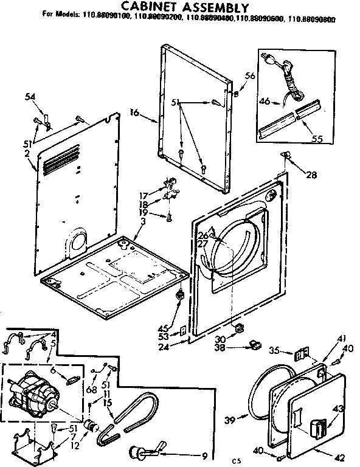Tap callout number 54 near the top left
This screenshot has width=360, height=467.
click(x=30, y=97)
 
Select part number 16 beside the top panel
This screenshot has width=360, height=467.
click(x=134, y=112)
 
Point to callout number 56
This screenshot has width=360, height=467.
click(x=249, y=75)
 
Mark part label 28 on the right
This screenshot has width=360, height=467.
click(x=311, y=176)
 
